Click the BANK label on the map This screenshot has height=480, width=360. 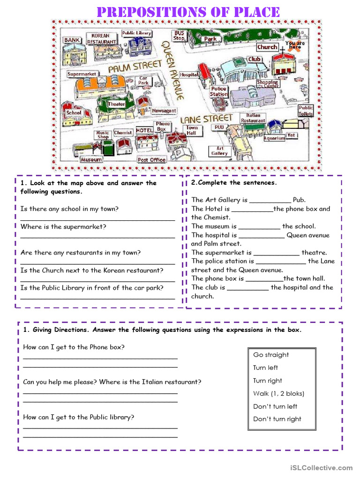[72, 40]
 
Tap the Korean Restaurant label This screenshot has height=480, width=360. [101, 39]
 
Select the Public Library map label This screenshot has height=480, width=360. [136, 33]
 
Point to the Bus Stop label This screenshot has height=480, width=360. [180, 36]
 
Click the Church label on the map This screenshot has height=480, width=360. [267, 47]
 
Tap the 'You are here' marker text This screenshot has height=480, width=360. [295, 45]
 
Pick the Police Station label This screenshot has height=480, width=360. [218, 91]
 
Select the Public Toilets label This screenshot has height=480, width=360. [306, 111]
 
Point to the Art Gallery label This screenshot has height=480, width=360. [219, 150]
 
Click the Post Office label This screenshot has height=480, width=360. [151, 160]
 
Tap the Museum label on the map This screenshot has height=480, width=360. [91, 159]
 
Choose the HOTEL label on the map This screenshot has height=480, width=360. [144, 130]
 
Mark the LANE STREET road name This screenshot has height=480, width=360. [207, 119]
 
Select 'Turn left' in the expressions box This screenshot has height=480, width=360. [265, 367]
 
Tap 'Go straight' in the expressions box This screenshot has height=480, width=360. [271, 355]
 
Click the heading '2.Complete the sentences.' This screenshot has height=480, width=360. [234, 182]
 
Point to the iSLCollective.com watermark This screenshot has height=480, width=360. [321, 467]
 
